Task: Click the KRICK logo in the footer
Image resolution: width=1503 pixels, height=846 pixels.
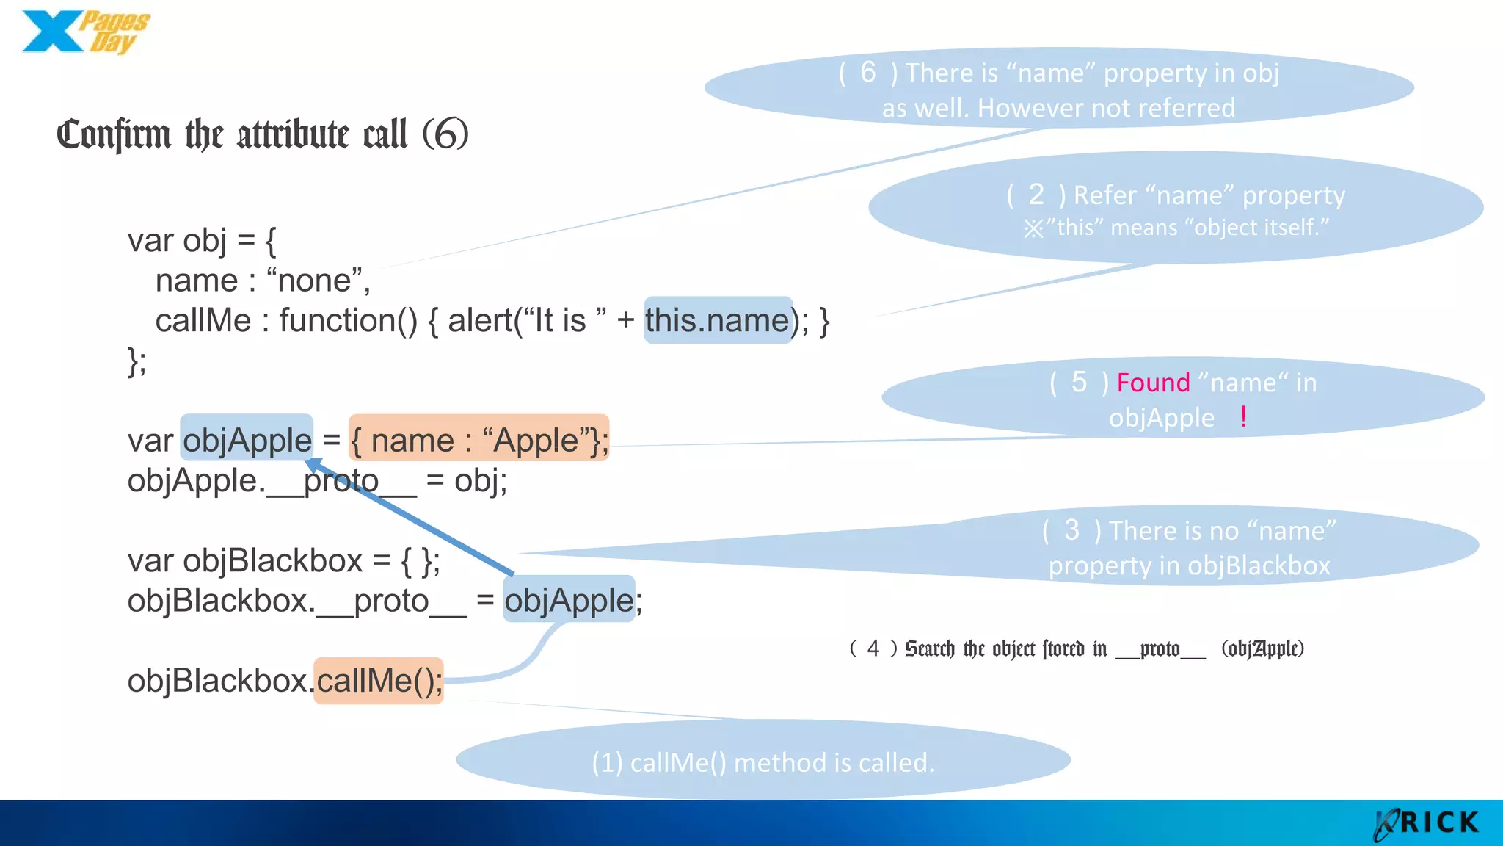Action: point(1427,823)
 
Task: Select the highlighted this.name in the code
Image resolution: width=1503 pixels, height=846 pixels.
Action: point(718,321)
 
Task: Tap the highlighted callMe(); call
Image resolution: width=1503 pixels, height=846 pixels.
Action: point(379,681)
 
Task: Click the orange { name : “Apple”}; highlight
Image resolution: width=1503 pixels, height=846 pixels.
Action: point(478,441)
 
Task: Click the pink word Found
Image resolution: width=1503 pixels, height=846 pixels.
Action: point(1153,383)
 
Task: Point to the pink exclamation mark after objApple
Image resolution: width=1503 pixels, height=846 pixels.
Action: point(1242,417)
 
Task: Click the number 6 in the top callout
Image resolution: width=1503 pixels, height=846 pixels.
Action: point(867,73)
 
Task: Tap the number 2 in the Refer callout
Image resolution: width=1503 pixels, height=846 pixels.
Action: point(1036,195)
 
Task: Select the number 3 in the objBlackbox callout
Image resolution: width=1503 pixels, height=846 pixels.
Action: point(1071,530)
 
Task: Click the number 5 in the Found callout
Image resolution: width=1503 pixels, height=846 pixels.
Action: point(1078,383)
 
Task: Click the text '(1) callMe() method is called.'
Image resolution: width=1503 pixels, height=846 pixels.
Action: point(763,762)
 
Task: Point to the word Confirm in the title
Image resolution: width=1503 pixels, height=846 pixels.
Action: point(113,135)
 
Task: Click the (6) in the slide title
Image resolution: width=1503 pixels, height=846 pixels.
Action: point(445,134)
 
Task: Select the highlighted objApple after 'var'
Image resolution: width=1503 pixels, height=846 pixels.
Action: point(247,441)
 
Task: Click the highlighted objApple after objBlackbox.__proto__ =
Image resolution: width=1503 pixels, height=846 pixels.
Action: point(569,600)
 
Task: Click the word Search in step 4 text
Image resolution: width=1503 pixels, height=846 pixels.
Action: point(929,648)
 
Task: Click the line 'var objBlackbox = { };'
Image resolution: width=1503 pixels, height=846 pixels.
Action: point(283,561)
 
